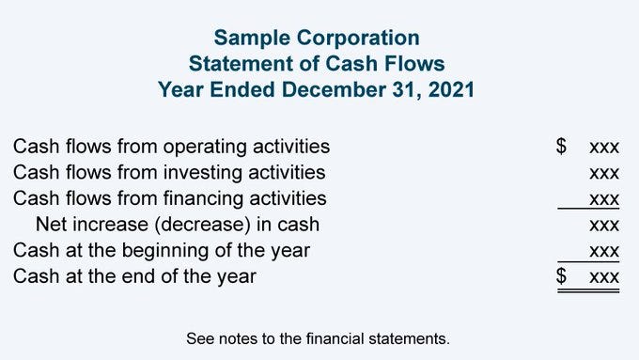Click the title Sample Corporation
click(317, 38)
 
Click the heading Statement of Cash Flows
click(317, 64)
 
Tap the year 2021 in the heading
click(450, 90)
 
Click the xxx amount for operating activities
click(603, 148)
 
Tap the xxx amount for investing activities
click(603, 173)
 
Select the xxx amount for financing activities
click(603, 198)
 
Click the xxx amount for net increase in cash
click(603, 225)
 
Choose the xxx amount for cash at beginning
click(603, 251)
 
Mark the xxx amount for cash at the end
click(603, 276)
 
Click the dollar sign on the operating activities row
click(562, 147)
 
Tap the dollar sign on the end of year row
click(562, 276)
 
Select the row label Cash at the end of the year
click(134, 276)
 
